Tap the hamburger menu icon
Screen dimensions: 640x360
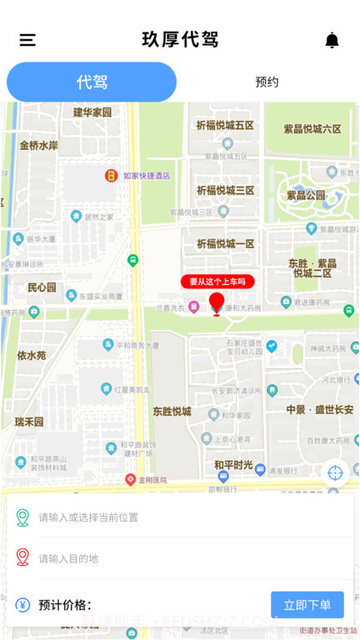27,40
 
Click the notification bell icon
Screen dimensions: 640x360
332,40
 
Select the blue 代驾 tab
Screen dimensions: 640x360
92,82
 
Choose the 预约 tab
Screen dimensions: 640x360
267,82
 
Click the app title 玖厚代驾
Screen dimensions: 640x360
180,39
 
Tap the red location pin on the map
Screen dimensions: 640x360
217,303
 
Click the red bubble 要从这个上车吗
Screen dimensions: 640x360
217,282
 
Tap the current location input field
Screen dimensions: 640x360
183,517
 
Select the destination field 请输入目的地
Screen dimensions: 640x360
183,558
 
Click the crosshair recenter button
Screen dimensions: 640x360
335,472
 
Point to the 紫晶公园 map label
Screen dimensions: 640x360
306,195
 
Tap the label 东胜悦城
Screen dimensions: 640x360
172,412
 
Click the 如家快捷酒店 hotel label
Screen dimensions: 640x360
146,176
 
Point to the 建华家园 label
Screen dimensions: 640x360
92,112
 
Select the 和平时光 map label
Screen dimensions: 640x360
233,464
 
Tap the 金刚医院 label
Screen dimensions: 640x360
152,480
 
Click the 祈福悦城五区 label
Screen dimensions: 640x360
225,125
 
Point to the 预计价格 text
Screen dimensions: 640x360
64,605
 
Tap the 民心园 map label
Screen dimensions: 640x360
42,287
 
